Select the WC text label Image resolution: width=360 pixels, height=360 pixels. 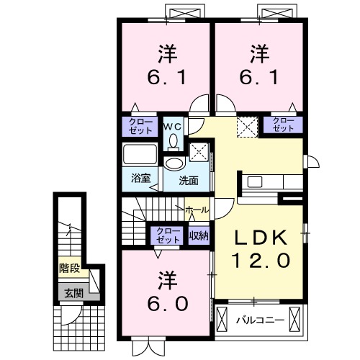point(174,126)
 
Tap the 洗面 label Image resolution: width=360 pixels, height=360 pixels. point(189,180)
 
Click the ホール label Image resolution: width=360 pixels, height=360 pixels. point(197,210)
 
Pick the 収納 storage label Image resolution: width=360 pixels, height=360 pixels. point(199,234)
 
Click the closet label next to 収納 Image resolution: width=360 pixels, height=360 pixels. point(168,235)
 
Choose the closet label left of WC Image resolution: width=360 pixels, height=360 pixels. point(140,126)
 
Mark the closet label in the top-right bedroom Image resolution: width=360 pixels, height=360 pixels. point(283,125)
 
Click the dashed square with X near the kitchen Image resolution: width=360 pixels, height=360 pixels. point(248,126)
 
